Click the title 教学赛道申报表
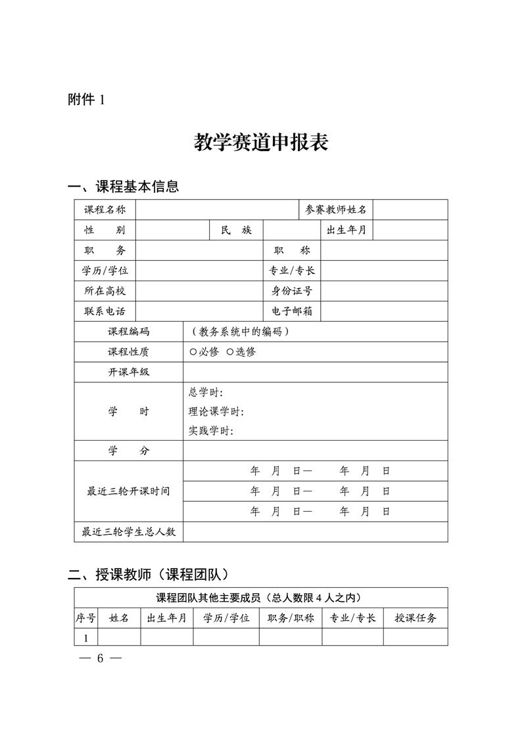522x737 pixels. [261, 142]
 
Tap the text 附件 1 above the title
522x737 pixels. [86, 100]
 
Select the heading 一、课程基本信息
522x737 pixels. [124, 187]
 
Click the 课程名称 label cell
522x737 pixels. [105, 210]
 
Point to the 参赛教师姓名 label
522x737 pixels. [336, 210]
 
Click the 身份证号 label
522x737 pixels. [292, 290]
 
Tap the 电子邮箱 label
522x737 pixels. [292, 311]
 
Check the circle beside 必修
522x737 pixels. [193, 351]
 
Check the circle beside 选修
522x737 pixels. [229, 351]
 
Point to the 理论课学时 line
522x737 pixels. [216, 412]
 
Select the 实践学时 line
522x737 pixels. [211, 431]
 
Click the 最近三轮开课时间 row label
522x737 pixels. [128, 491]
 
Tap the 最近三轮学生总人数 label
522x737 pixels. [128, 532]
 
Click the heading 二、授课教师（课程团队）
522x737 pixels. [149, 575]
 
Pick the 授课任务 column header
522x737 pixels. [415, 618]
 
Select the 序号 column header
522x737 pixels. [85, 618]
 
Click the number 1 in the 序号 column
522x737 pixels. [85, 638]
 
